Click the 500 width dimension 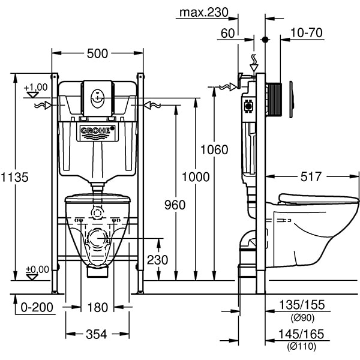(x=97, y=53)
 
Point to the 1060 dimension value (x=214, y=149)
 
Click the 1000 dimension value (x=195, y=177)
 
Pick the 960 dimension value (x=175, y=205)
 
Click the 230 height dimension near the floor (x=158, y=260)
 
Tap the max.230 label (x=205, y=11)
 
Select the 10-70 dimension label (x=307, y=32)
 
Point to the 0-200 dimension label (x=37, y=308)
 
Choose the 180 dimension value (x=97, y=308)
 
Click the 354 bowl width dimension (x=97, y=334)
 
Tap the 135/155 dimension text (x=302, y=305)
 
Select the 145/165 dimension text (x=302, y=334)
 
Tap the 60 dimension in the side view (x=227, y=33)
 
